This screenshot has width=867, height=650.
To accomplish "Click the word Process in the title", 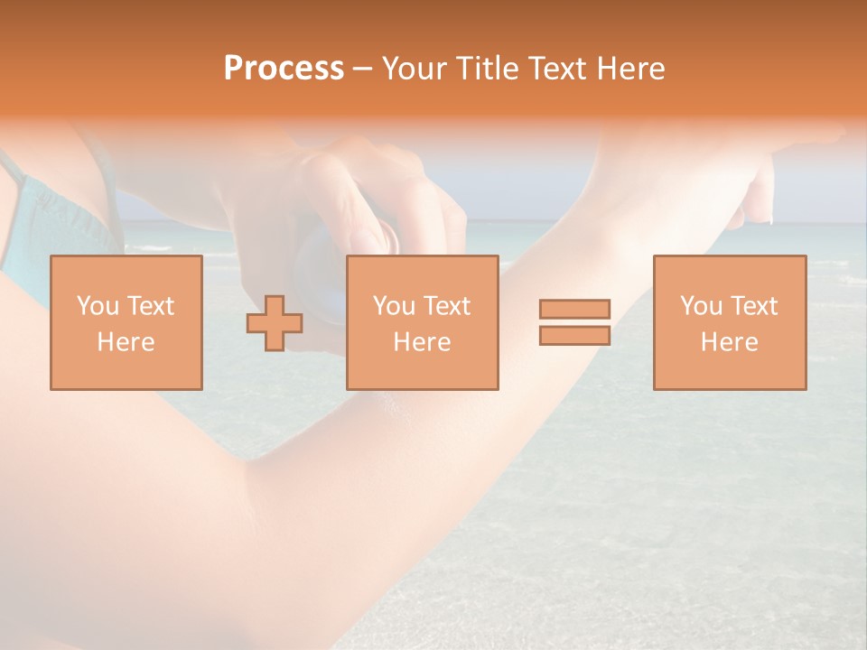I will [284, 69].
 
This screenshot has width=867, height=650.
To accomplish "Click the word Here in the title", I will [632, 69].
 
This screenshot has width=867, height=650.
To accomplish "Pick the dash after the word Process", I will [363, 70].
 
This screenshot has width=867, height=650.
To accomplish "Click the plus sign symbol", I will [275, 323].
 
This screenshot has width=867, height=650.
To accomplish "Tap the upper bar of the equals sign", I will [574, 309].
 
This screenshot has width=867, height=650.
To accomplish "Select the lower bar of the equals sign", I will [574, 336].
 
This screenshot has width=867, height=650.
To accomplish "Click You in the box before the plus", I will [98, 306].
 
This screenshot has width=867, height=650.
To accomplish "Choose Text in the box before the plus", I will [150, 306].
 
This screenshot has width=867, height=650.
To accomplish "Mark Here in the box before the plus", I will [126, 342].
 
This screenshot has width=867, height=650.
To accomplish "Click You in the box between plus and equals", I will [394, 306].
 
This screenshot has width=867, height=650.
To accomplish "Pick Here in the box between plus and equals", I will [422, 342].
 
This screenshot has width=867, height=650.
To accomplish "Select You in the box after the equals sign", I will [701, 306].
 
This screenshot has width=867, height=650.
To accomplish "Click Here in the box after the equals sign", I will [729, 342].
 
